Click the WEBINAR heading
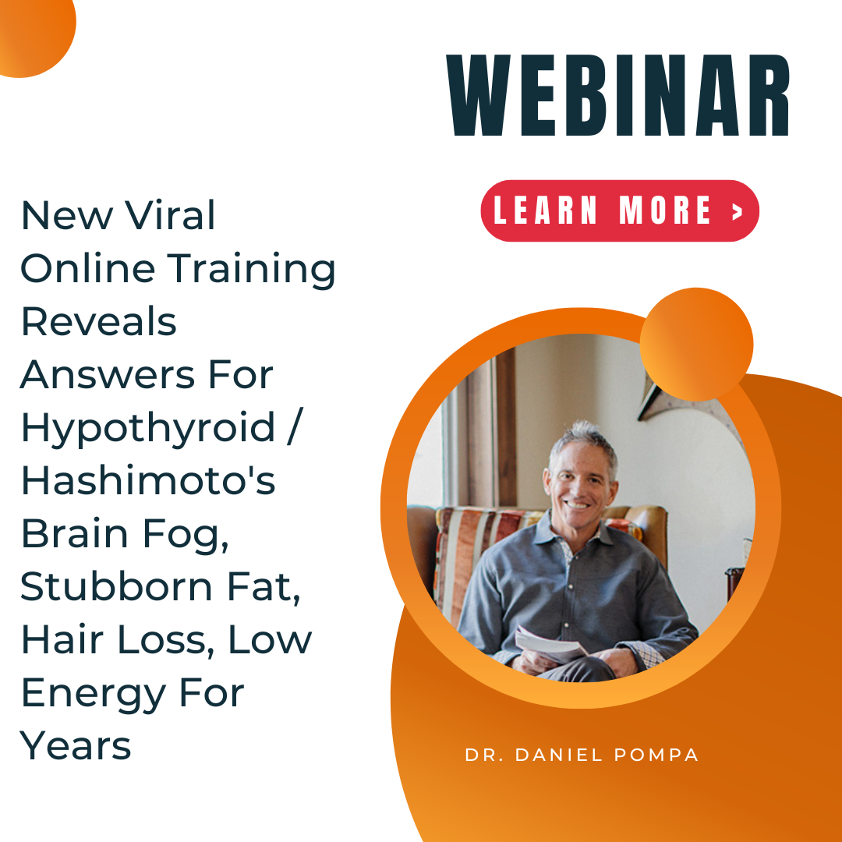coord(618,95)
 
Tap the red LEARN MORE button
coord(620,210)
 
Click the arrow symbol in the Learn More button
coord(738,211)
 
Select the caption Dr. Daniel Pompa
coord(582,755)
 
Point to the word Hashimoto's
coord(148,479)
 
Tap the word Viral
coord(170,215)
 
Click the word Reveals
coord(99,321)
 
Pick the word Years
coord(76,746)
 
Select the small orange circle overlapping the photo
coord(696,345)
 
